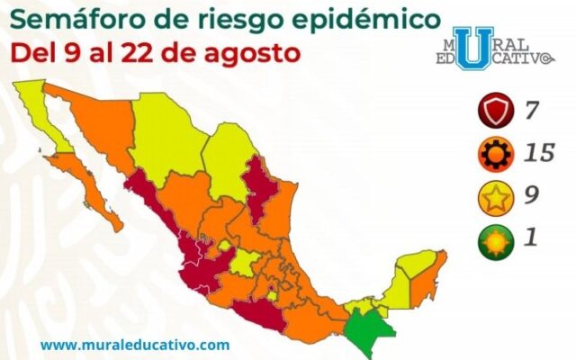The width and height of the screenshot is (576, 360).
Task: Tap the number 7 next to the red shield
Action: (531, 111)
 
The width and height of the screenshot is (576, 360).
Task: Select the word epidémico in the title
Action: (373, 20)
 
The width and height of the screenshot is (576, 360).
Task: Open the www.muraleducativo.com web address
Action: (135, 345)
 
